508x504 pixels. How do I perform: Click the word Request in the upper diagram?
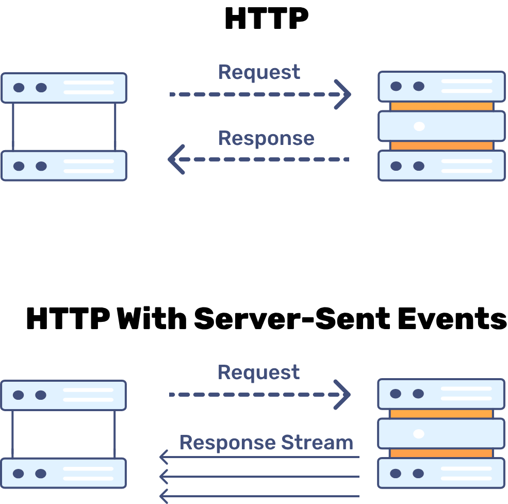click(259, 72)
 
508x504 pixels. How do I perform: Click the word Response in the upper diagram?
click(266, 138)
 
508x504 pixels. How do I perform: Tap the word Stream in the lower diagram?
click(317, 443)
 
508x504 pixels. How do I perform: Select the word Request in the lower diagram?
click(258, 372)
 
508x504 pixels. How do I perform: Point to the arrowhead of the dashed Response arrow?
click(175, 159)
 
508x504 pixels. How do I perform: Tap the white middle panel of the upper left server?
click(64, 127)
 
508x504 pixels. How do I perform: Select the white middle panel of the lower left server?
click(63, 434)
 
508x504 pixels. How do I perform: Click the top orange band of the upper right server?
click(441, 106)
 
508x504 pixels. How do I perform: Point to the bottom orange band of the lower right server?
click(441, 453)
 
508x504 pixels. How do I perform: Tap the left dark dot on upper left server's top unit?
click(19, 88)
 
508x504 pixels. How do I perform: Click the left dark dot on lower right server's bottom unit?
click(396, 474)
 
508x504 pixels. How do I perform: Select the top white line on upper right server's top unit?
click(467, 82)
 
